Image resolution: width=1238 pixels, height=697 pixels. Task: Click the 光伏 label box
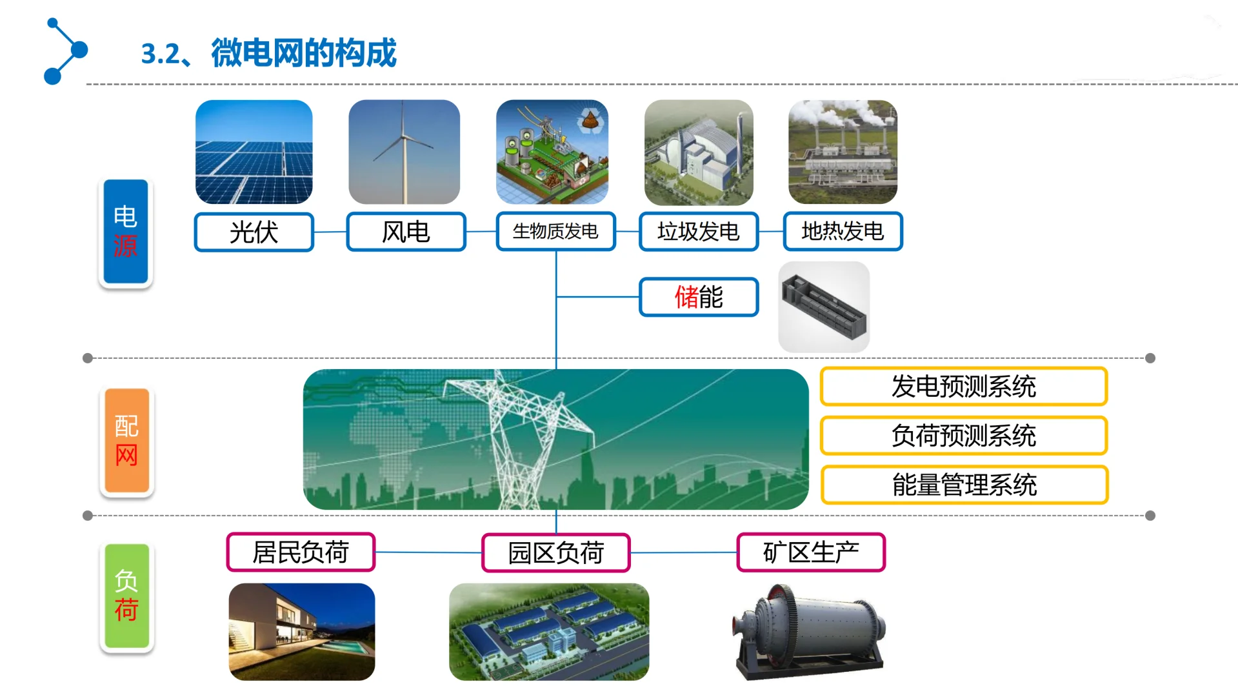[254, 232]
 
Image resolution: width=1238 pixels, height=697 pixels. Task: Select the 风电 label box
[406, 232]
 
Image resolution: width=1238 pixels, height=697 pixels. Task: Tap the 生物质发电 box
[555, 231]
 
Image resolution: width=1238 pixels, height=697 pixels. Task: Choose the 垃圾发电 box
[699, 231]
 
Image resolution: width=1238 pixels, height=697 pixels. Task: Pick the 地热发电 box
[843, 231]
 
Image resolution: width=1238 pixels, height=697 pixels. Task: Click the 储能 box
[699, 297]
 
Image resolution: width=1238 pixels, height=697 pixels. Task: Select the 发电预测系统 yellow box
[964, 387]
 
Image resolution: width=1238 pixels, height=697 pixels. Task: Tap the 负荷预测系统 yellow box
[964, 436]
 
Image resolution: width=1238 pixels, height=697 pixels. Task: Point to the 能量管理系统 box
[964, 485]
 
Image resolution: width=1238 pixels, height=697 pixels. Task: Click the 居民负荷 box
[301, 552]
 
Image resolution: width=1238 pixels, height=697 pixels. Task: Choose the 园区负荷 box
[555, 553]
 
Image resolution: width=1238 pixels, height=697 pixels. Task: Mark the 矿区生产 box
[811, 552]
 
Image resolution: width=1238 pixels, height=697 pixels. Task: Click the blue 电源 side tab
[126, 232]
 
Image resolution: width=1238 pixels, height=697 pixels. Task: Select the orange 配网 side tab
[127, 441]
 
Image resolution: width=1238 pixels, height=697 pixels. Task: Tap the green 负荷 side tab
[127, 596]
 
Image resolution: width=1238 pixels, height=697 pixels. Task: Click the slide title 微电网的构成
[303, 53]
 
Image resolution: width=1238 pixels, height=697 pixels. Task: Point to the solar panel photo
[254, 152]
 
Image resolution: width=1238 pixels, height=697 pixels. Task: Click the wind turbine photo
[404, 152]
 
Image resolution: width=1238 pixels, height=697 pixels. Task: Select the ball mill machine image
[810, 632]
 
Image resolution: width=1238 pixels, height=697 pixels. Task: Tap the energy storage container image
[824, 307]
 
